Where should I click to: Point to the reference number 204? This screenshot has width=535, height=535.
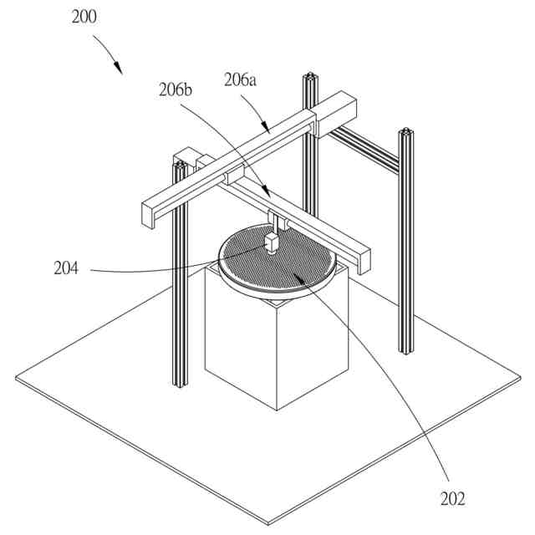point(65,268)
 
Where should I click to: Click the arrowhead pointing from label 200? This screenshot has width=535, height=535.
point(119,69)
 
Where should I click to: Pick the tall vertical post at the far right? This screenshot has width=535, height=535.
point(406,251)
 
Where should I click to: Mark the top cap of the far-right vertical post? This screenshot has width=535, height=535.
point(406,132)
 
